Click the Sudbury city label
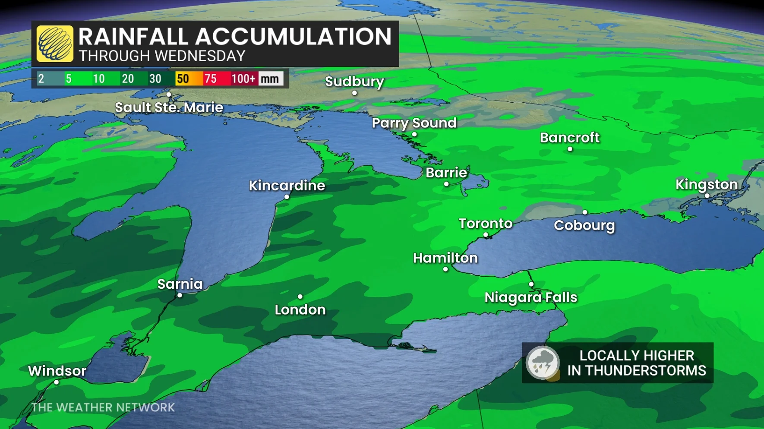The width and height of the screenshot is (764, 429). (354, 81)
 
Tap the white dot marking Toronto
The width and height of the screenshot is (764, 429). (486, 235)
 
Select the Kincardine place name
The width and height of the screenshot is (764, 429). (287, 186)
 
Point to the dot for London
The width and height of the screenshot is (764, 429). (300, 297)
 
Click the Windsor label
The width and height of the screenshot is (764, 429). (57, 371)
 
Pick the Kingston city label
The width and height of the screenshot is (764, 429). (707, 184)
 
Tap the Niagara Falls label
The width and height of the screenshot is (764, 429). (530, 297)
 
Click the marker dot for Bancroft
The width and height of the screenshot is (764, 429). (570, 149)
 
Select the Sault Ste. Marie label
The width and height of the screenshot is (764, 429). (169, 107)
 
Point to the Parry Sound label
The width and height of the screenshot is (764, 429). (414, 123)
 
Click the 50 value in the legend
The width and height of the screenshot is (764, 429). (183, 79)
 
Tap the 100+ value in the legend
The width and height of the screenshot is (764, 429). (243, 79)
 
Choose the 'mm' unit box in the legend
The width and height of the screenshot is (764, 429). (270, 79)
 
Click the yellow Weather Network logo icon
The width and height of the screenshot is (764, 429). (55, 44)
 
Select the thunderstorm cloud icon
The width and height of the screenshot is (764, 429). (543, 363)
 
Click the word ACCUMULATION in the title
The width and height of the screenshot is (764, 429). (293, 36)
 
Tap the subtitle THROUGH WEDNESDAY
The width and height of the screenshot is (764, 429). (162, 56)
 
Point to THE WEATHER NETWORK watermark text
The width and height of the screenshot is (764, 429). (103, 407)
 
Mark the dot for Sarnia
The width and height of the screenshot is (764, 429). (180, 295)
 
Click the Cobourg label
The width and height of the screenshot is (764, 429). (584, 225)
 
